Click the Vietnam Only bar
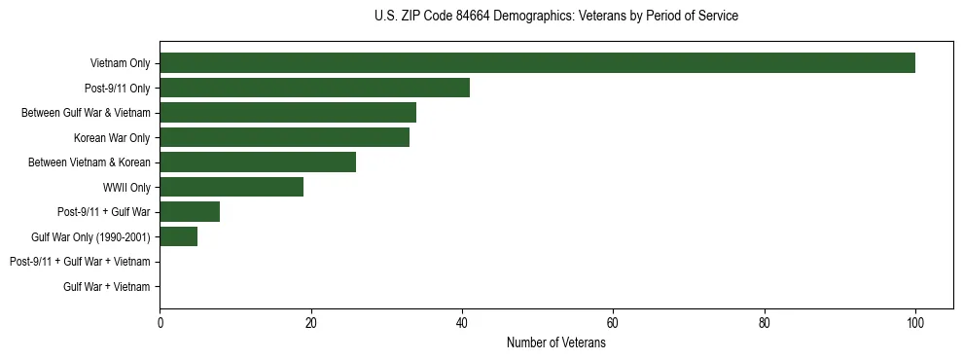[x=537, y=63]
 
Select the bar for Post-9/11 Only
[x=314, y=88]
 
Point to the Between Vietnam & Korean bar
[x=258, y=162]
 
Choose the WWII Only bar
[x=232, y=187]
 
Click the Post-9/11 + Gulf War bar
[x=190, y=212]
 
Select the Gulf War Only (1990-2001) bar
[x=178, y=236]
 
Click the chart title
[x=555, y=17]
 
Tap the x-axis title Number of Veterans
[x=555, y=343]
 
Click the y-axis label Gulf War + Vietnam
[x=107, y=287]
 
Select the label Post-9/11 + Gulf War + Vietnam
[x=80, y=262]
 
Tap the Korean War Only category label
[x=112, y=138]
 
